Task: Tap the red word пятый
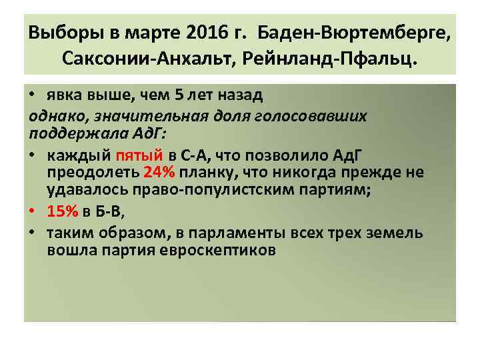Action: [x=139, y=157]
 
